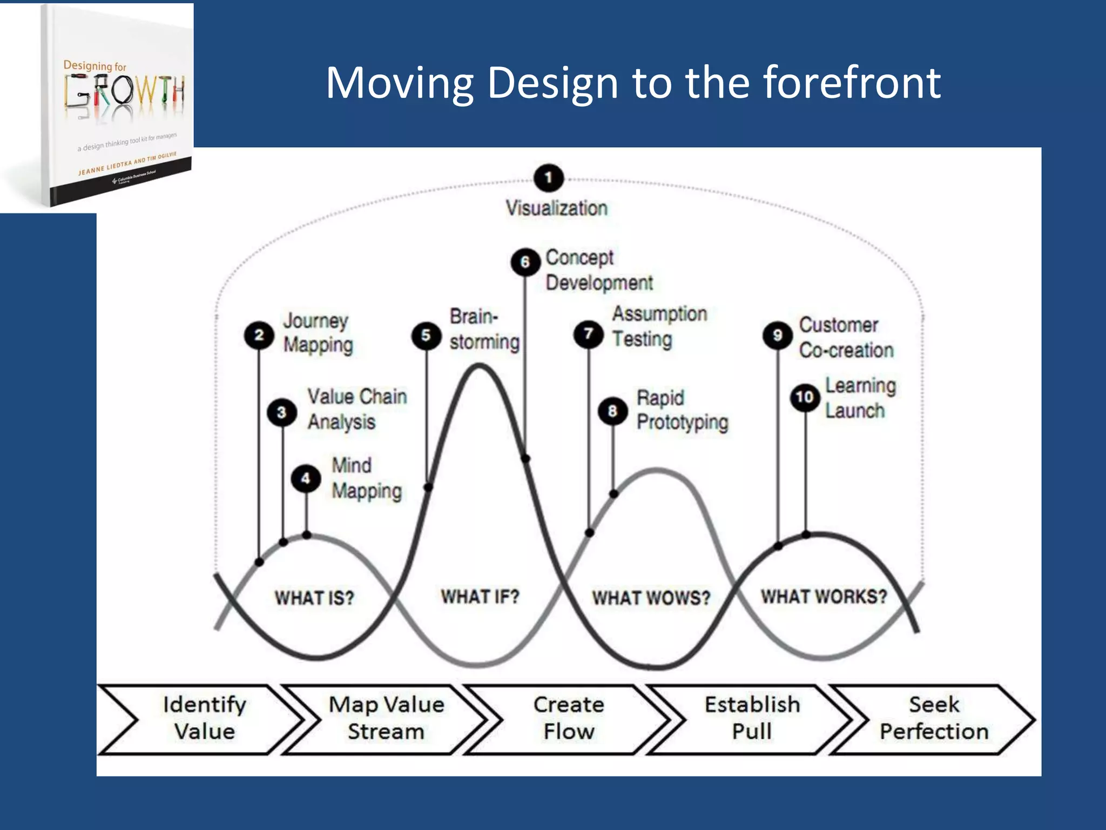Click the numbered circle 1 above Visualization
coord(548,178)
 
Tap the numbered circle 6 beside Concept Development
coord(525,262)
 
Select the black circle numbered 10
coord(805,398)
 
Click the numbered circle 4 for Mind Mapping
coord(306,478)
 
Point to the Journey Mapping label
coord(318,333)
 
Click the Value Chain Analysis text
coord(356,409)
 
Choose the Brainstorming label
coord(484,329)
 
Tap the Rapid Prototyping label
coord(682,410)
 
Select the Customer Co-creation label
coord(846,338)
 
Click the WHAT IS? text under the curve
coord(314,598)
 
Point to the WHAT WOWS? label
coord(651,598)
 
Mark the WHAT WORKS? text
coord(824,597)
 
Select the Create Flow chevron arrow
coord(569,719)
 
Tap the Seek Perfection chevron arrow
coord(934,719)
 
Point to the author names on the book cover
coord(127,164)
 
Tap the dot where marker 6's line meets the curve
coord(525,459)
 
